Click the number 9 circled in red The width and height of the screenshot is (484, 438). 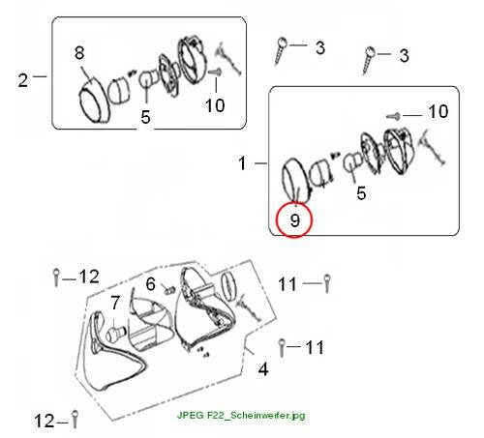click(294, 220)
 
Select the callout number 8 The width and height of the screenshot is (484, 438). click(79, 52)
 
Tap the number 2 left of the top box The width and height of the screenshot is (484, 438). click(23, 80)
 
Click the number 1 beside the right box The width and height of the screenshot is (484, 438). click(243, 163)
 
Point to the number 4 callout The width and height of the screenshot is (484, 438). click(263, 369)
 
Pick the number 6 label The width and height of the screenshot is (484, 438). click(151, 284)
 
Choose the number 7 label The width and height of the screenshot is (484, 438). click(115, 303)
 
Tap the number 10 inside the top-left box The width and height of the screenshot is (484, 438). click(215, 105)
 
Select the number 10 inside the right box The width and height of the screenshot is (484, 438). click(439, 111)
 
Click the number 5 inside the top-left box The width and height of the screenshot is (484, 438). click(145, 117)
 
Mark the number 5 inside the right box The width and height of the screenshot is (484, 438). click(361, 193)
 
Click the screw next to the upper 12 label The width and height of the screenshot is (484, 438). click(56, 277)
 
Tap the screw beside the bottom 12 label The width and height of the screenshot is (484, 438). click(75, 419)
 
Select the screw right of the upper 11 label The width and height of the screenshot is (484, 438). click(327, 283)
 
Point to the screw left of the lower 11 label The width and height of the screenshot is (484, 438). click(282, 347)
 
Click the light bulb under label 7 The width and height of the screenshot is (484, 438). click(114, 334)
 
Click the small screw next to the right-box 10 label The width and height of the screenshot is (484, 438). click(394, 116)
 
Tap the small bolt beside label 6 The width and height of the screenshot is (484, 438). click(169, 289)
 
